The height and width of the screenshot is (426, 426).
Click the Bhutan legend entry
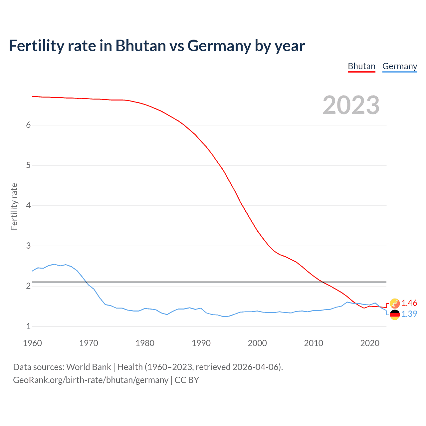pos(361,67)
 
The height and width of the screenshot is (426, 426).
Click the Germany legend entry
pos(400,67)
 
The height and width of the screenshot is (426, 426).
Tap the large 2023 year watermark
pos(351,105)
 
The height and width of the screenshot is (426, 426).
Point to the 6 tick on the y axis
pos(28,125)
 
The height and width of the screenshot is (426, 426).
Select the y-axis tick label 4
pos(28,205)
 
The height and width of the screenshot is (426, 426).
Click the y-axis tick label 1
pos(28,326)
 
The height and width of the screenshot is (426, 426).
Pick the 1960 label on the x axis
pos(32,343)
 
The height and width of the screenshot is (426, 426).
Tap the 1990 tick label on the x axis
pos(201,343)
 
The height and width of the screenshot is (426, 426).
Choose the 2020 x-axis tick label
pos(370,343)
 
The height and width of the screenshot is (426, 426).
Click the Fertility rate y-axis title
pos(14,206)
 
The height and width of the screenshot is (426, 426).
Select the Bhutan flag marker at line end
pos(395,303)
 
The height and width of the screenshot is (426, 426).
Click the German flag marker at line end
pos(395,314)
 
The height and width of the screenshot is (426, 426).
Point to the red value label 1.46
pos(409,303)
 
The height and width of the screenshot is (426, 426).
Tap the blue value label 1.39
pos(409,314)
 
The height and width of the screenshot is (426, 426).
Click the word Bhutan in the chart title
pos(140,46)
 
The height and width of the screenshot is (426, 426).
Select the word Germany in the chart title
pos(219,46)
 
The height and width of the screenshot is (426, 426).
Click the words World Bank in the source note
pos(89,367)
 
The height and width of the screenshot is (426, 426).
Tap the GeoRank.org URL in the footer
pos(91,380)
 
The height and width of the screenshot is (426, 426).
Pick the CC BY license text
pos(187,380)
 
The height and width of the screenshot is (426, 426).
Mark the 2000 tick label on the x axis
pos(257,343)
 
